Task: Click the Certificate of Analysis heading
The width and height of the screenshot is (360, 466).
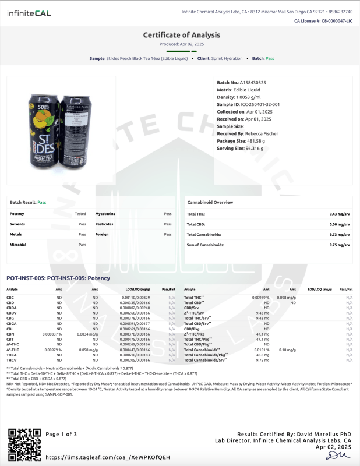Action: (180, 35)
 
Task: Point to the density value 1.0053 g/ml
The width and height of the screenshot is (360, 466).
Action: (251, 97)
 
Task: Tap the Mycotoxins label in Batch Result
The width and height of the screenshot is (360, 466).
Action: (105, 214)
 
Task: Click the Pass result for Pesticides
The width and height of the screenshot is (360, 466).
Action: (168, 224)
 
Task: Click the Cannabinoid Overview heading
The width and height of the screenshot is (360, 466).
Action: (210, 202)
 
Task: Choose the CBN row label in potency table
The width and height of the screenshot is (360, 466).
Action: (10, 334)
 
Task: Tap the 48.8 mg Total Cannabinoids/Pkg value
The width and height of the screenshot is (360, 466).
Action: (262, 354)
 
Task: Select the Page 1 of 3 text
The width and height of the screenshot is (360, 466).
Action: (61, 434)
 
